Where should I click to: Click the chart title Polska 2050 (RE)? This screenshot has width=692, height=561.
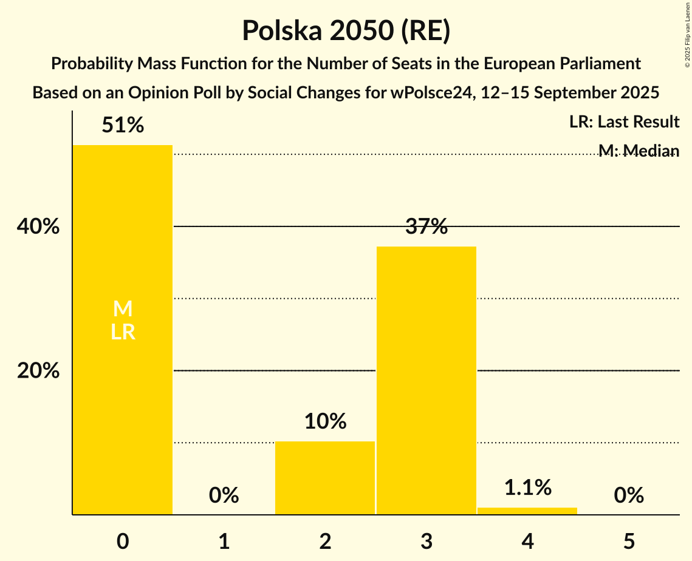click(x=346, y=31)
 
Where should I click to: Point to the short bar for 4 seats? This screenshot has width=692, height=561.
click(x=527, y=511)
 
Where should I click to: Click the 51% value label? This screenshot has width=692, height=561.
click(x=123, y=126)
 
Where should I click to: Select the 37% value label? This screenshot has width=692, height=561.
click(x=427, y=227)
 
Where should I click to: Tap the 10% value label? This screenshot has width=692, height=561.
click(x=325, y=421)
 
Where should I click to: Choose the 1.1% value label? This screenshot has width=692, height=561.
click(x=527, y=487)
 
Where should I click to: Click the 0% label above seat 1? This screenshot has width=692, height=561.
click(x=224, y=495)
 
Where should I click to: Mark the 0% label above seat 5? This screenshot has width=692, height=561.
click(x=629, y=495)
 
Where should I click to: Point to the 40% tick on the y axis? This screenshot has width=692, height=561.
click(x=38, y=226)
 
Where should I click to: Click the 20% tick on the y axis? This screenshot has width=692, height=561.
click(x=38, y=370)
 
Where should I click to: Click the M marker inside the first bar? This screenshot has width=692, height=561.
click(x=123, y=309)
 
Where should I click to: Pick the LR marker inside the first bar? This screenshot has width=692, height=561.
click(x=123, y=332)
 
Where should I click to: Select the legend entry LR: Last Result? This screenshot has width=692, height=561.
click(x=624, y=122)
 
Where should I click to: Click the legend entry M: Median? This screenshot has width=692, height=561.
click(x=639, y=150)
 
